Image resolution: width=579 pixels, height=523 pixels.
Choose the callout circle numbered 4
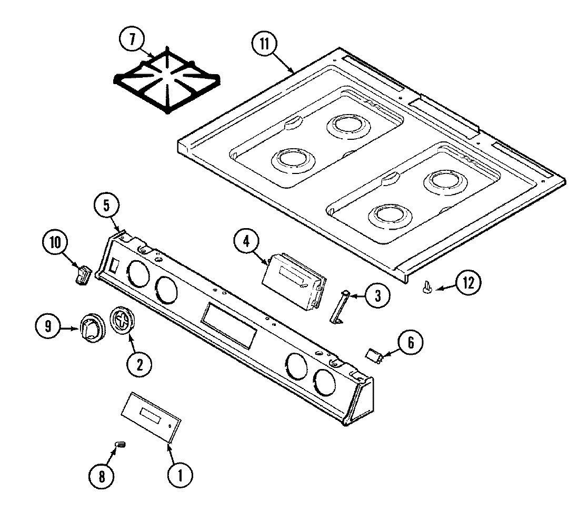coord(246,243)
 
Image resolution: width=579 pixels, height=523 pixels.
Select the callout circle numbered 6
coord(410,343)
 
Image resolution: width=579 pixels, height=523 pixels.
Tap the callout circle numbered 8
coord(102,476)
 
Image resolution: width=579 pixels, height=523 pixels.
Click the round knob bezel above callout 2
coord(122,320)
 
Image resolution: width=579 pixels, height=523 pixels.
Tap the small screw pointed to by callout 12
coord(427,286)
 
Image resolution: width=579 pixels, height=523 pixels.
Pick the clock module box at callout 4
coord(293,278)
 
